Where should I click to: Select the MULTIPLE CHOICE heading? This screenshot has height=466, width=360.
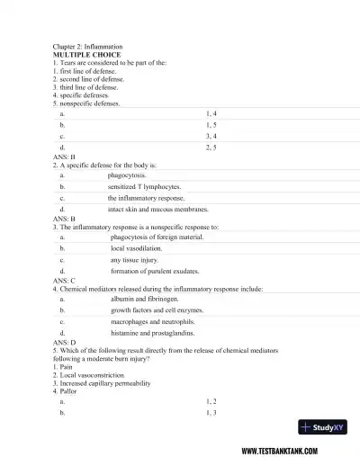(x=88, y=54)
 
